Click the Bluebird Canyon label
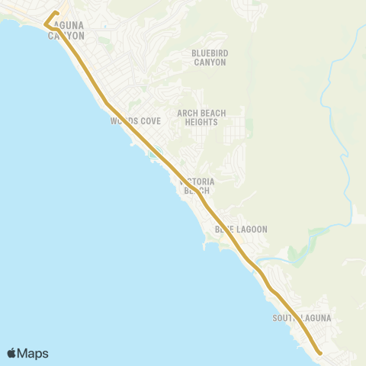209,57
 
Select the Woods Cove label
136,120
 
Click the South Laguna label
304,317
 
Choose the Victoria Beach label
197,186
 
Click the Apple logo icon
12,353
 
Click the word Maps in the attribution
34,353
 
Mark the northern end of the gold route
57,13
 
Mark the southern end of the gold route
319,353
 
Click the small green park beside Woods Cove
156,151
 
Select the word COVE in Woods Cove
149,120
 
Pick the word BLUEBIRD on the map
209,53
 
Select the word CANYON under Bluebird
209,62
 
